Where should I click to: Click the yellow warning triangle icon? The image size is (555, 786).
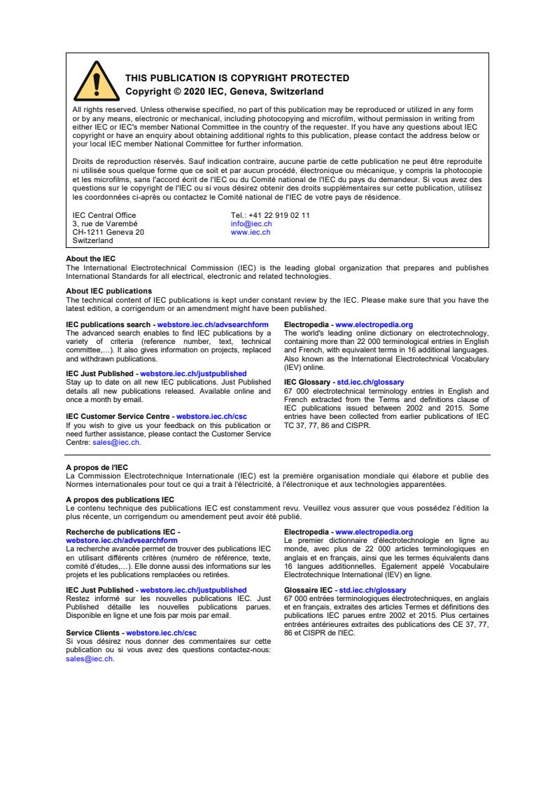[x=95, y=83]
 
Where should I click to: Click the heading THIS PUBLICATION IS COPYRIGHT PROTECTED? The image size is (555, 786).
[x=237, y=78]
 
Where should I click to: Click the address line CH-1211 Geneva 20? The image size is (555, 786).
[x=108, y=232]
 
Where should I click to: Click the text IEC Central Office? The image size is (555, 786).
[x=104, y=216]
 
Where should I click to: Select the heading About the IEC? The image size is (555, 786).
[x=90, y=259]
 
